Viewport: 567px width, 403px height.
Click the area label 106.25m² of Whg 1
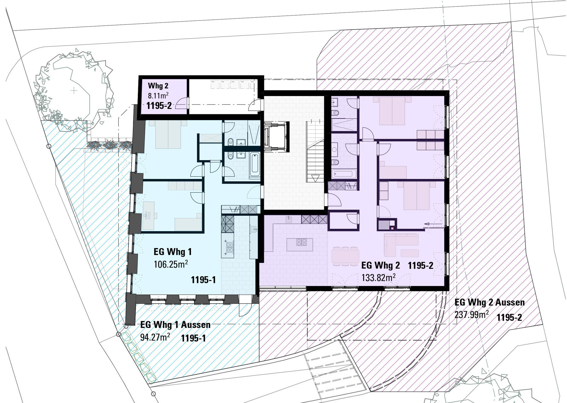[171, 264]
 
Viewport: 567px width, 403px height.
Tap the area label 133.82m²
[379, 278]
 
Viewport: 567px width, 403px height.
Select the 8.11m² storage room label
[158, 95]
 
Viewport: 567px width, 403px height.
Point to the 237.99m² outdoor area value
[472, 314]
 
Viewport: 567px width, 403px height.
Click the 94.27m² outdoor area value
[155, 337]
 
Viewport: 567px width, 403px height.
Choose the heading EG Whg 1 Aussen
[175, 324]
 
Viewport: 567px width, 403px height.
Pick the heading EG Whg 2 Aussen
[490, 302]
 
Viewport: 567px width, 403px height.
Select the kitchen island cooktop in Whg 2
[302, 242]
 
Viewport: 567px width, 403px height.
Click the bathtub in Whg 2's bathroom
[344, 174]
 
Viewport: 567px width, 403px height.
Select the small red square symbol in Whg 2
[392, 228]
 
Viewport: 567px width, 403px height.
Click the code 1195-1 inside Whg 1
[203, 280]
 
